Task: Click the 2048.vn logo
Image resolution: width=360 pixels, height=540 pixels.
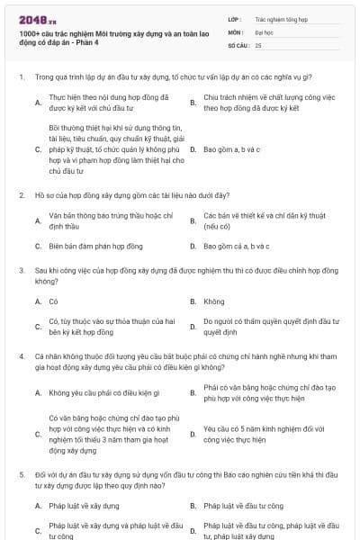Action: pyautogui.click(x=37, y=19)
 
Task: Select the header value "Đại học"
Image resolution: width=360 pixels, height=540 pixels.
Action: pyautogui.click(x=265, y=31)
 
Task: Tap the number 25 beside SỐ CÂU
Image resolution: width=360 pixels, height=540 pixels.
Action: pyautogui.click(x=258, y=44)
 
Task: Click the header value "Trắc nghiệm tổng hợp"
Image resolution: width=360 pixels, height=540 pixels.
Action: pyautogui.click(x=280, y=17)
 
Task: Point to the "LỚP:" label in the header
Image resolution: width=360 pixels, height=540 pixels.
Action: pyautogui.click(x=235, y=17)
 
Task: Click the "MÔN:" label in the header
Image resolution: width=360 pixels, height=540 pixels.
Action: pyautogui.click(x=236, y=31)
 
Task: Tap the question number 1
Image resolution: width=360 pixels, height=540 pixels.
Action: pyautogui.click(x=21, y=76)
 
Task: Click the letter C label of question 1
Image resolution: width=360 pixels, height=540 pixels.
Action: pyautogui.click(x=38, y=148)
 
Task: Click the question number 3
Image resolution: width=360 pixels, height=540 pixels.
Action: pyautogui.click(x=21, y=270)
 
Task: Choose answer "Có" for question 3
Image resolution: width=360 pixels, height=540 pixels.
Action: pyautogui.click(x=54, y=301)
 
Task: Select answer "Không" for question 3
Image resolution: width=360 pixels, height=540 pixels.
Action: pyautogui.click(x=214, y=301)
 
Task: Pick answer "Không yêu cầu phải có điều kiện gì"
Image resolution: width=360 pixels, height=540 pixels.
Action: pyautogui.click(x=104, y=393)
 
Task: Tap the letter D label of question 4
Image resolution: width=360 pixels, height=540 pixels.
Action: pyautogui.click(x=193, y=435)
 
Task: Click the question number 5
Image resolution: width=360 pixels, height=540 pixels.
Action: pyautogui.click(x=21, y=473)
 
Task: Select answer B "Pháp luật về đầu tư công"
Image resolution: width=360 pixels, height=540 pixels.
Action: pyautogui.click(x=243, y=506)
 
